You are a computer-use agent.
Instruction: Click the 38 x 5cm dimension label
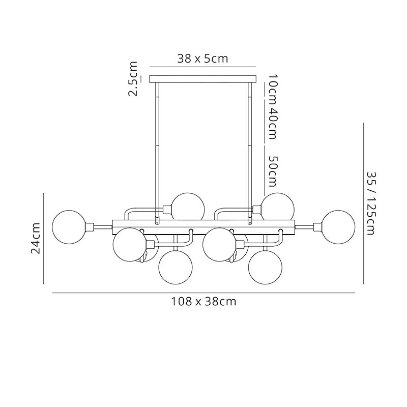[202, 59]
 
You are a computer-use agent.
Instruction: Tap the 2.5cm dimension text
[133, 79]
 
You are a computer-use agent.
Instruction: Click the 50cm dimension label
[273, 171]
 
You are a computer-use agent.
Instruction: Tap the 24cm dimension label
[36, 238]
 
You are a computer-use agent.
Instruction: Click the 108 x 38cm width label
[203, 302]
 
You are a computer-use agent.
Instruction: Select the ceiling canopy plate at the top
[202, 79]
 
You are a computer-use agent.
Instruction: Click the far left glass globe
[69, 227]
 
